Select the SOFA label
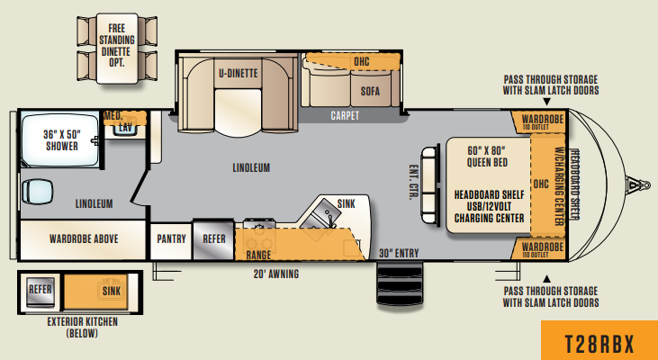pyautogui.click(x=370, y=91)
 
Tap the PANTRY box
pyautogui.click(x=170, y=238)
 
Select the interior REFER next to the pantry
pyautogui.click(x=213, y=238)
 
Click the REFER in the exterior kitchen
pyautogui.click(x=40, y=289)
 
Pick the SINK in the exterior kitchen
pyautogui.click(x=112, y=290)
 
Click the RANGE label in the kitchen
pyautogui.click(x=258, y=256)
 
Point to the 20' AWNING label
pyautogui.click(x=275, y=274)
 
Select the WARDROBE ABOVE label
pyautogui.click(x=82, y=238)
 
